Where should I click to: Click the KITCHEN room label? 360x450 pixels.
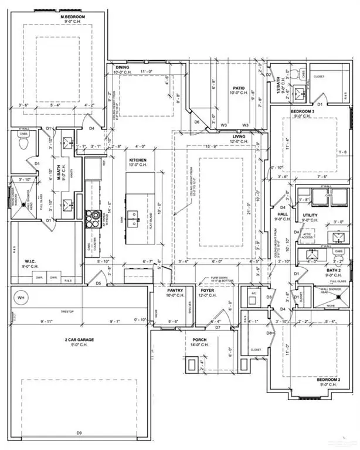138,160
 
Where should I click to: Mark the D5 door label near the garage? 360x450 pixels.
99,283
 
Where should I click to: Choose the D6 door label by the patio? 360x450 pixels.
198,122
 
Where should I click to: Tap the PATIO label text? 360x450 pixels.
236,87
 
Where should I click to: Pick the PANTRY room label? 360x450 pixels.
175,290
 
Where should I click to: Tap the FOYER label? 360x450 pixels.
208,290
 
